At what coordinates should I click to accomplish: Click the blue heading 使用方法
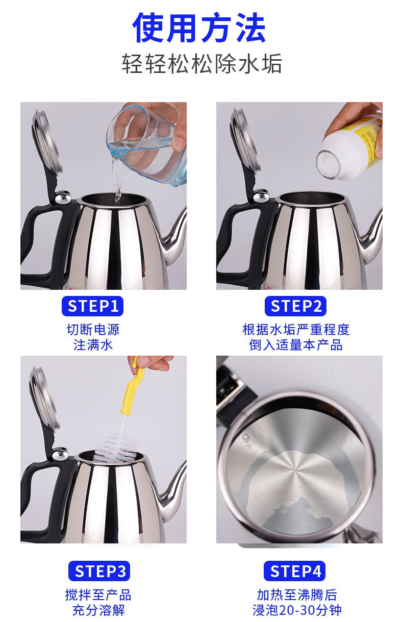[199, 28]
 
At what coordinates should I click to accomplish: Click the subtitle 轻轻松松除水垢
[202, 64]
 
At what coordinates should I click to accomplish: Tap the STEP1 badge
[92, 306]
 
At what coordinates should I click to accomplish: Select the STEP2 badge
[295, 306]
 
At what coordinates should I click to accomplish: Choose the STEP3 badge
[99, 571]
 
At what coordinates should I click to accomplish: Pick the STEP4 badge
[294, 571]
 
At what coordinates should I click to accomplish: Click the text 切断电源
[93, 330]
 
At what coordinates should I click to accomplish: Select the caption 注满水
[93, 345]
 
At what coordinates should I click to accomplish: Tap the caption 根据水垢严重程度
[296, 330]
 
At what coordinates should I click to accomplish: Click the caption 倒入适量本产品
[295, 345]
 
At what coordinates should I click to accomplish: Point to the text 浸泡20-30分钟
[297, 610]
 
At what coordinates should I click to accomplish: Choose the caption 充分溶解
[98, 610]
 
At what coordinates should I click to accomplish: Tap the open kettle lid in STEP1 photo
[47, 142]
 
